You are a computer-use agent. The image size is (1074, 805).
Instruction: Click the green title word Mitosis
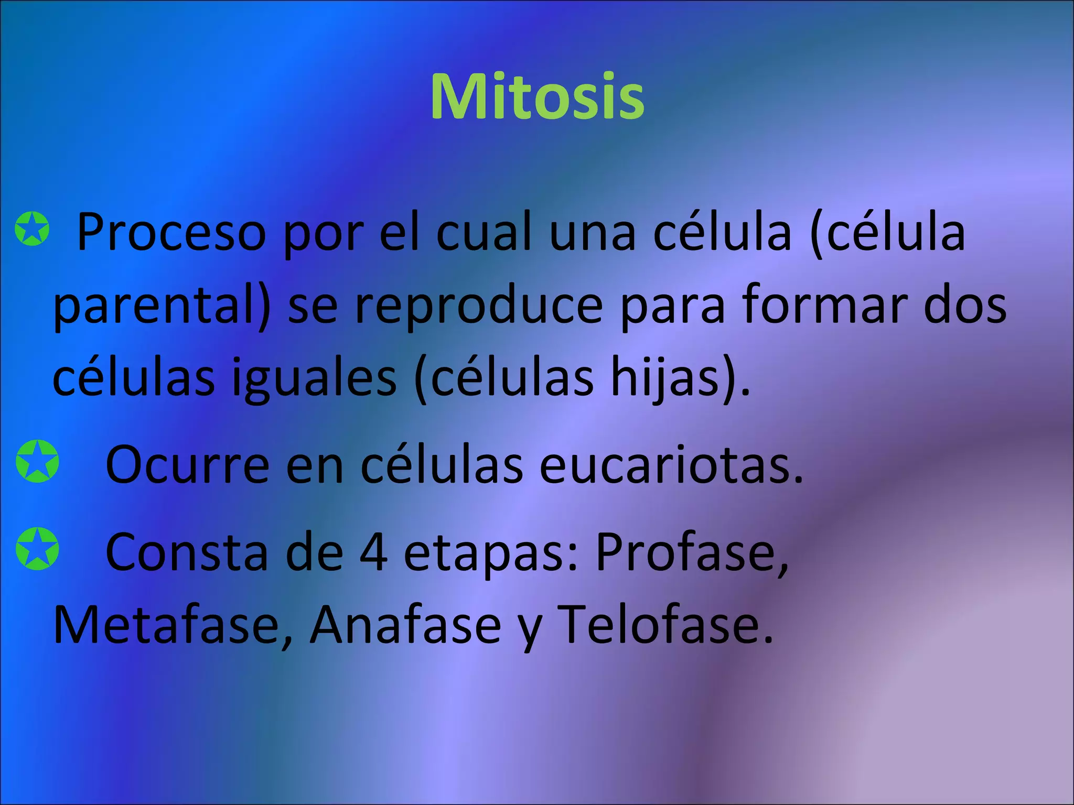pos(537,97)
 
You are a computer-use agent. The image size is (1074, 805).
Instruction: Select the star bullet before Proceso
pos(33,229)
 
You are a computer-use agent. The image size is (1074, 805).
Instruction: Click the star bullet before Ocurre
pos(37,462)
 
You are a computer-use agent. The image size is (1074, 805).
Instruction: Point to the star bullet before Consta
pos(37,549)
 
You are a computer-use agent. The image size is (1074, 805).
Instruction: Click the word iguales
pos(314,379)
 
